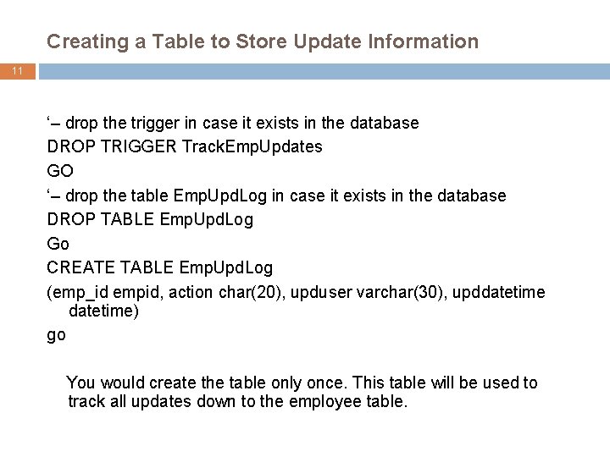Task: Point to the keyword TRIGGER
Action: point(136,147)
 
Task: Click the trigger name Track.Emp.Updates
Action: point(252,147)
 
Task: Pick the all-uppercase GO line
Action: point(60,171)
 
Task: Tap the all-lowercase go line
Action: point(56,334)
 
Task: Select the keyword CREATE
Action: point(80,268)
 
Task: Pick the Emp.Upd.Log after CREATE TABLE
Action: point(226,268)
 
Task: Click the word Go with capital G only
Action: point(58,244)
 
